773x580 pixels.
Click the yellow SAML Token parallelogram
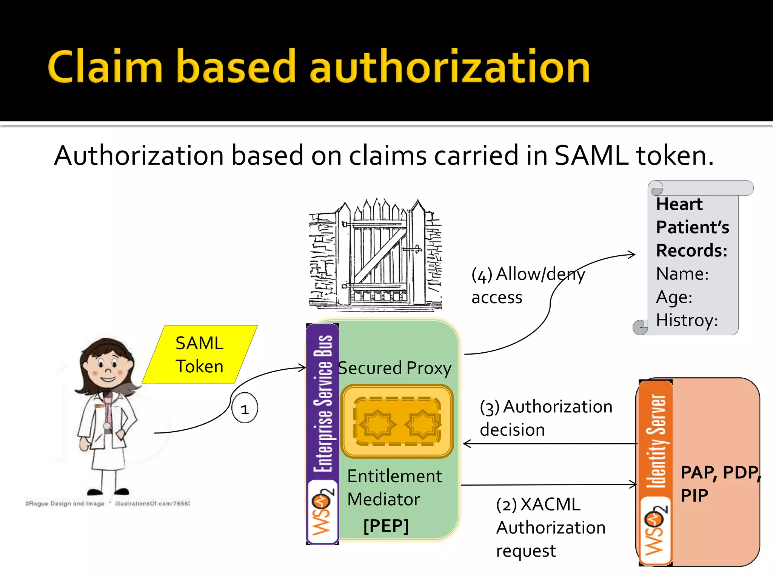(x=200, y=355)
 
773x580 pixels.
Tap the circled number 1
(x=245, y=409)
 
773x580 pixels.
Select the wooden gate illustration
(x=376, y=255)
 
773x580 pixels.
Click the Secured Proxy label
(x=395, y=368)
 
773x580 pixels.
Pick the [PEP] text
(x=386, y=526)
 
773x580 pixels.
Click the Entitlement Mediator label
(x=394, y=487)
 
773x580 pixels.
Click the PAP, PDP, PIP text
(x=719, y=483)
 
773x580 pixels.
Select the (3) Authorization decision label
(x=545, y=418)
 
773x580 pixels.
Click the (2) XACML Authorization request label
(x=550, y=528)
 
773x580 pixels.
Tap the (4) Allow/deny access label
(x=527, y=285)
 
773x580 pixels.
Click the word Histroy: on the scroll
(x=687, y=320)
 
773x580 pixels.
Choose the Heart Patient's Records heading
(x=692, y=227)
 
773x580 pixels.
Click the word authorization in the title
(x=450, y=67)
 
